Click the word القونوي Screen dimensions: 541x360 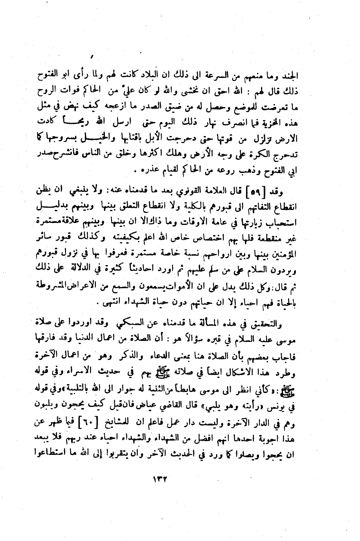[x=193, y=192]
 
